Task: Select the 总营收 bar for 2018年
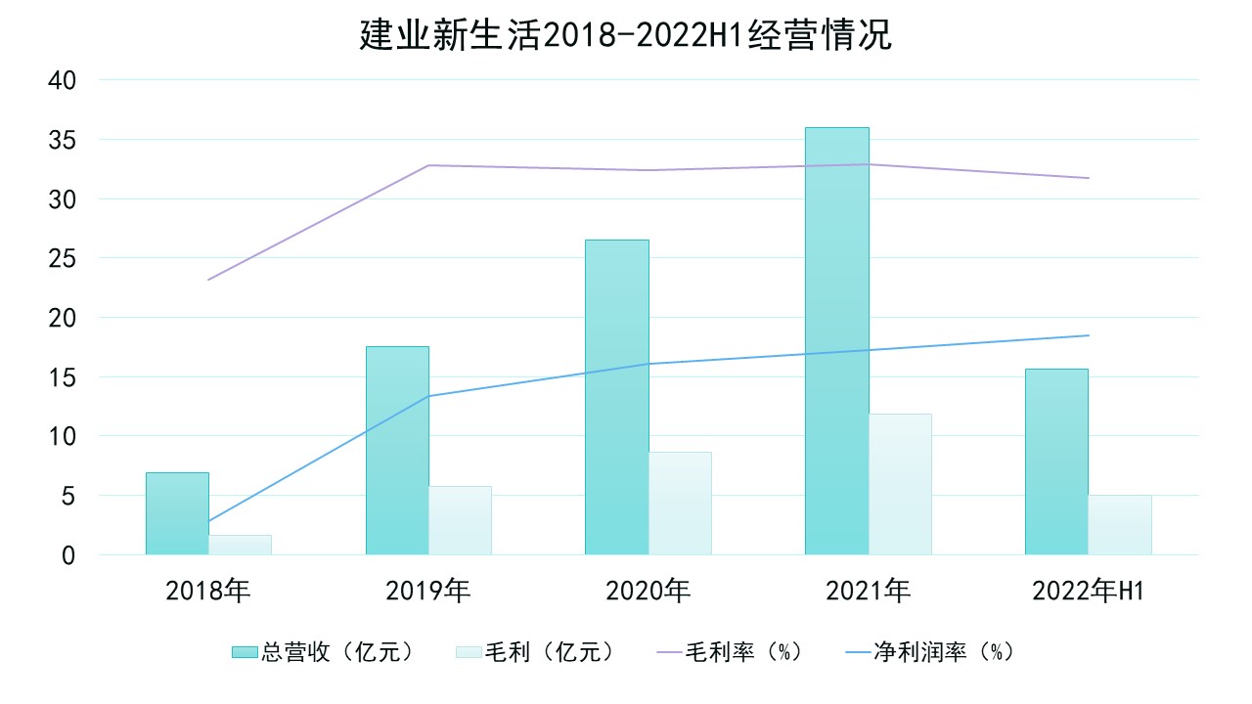[177, 513]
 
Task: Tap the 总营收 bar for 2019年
[397, 451]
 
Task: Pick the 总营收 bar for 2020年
[616, 397]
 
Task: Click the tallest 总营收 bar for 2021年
[836, 341]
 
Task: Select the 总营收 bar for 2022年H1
[1056, 462]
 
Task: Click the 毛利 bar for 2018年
[240, 545]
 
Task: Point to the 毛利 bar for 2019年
[460, 520]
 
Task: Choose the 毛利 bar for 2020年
[680, 503]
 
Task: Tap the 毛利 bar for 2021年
[900, 484]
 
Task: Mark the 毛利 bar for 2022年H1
[1119, 524]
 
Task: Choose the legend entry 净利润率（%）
[929, 652]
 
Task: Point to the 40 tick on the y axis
[62, 80]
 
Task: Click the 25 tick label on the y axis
[62, 258]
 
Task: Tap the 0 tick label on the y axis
[67, 555]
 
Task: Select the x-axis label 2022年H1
[1088, 592]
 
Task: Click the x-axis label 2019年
[428, 592]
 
